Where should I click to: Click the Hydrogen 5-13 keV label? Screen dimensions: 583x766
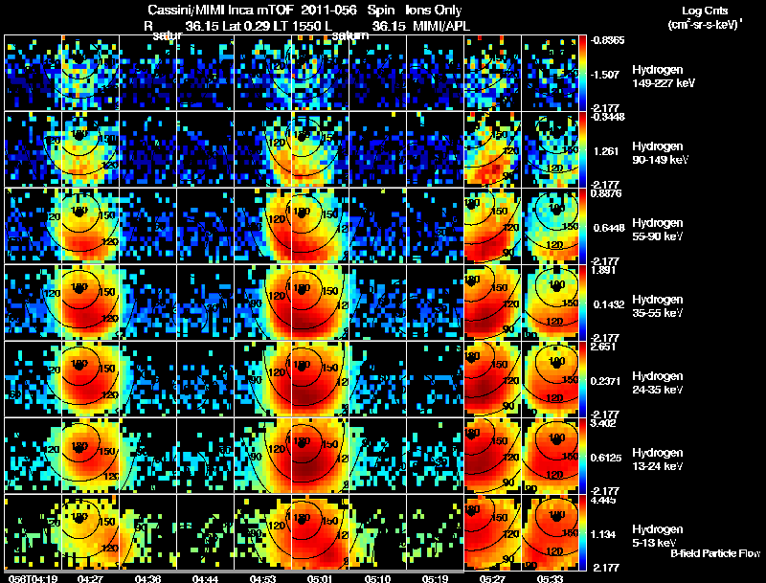pyautogui.click(x=657, y=536)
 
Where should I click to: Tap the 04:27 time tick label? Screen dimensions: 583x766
pyautogui.click(x=91, y=578)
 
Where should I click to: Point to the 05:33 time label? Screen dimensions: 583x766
pyautogui.click(x=550, y=578)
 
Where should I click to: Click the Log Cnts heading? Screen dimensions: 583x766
pyautogui.click(x=708, y=10)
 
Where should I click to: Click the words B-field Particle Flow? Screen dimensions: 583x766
pyautogui.click(x=715, y=553)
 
